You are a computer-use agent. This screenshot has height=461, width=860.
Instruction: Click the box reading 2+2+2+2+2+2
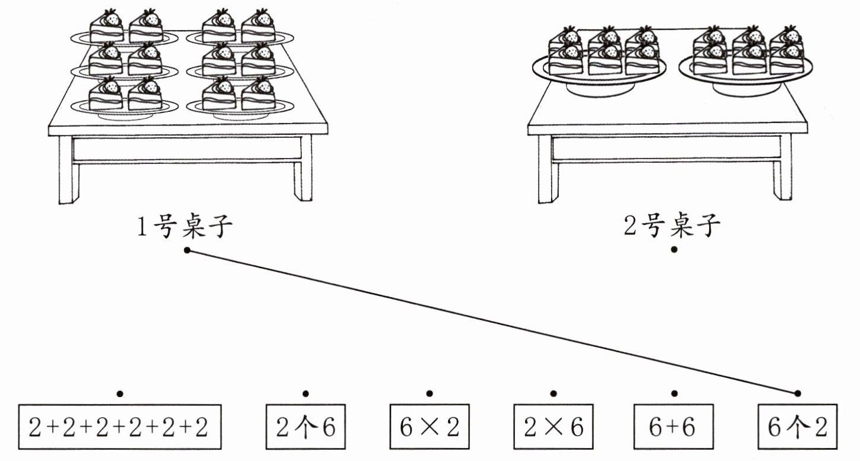120,427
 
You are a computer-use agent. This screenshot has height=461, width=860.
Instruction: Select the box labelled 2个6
305,427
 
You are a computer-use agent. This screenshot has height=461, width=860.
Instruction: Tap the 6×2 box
430,427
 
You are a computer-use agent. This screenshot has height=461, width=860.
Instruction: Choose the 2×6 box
553,427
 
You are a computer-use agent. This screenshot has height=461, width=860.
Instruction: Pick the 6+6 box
674,427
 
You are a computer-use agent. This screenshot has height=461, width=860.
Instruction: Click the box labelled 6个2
797,427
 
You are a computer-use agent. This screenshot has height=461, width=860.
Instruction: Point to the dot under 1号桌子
187,250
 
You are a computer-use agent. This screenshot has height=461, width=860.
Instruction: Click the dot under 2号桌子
674,250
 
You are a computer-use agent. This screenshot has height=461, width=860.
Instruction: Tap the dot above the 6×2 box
430,394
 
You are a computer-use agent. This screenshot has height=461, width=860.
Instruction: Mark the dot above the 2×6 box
553,394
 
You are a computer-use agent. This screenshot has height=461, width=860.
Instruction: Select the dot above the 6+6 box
674,394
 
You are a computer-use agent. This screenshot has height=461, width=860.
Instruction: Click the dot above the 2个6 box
305,394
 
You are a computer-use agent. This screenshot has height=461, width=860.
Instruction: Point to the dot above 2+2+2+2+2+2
120,394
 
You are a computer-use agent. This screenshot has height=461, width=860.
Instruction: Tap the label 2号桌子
672,225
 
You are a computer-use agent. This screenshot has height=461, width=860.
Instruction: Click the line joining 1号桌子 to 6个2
492,322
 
